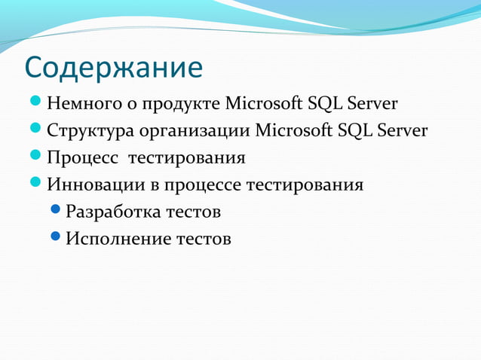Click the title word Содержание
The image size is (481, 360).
point(114,68)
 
